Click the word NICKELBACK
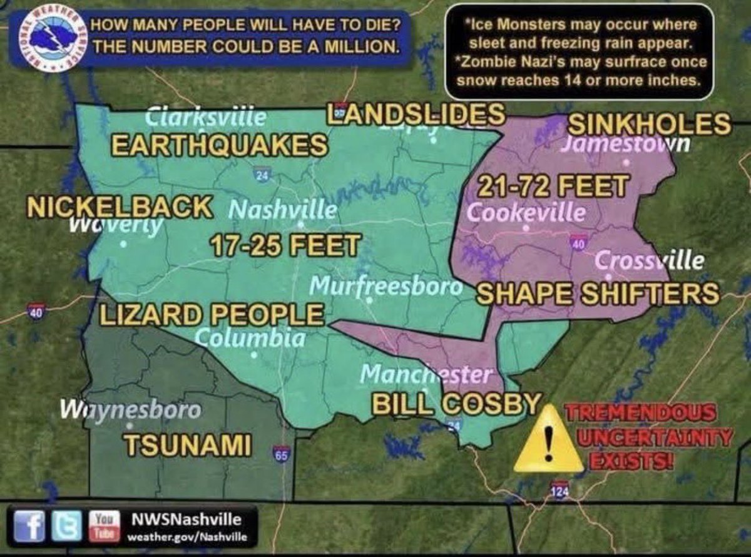[119, 207]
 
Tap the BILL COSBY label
[456, 402]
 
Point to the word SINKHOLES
[648, 124]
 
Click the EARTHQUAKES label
[219, 145]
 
